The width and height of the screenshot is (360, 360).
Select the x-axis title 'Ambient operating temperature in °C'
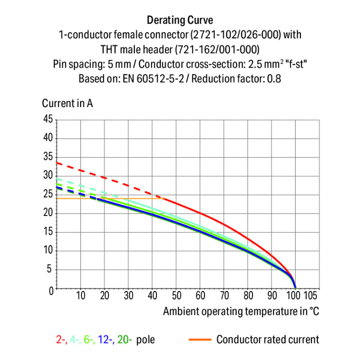click(x=241, y=311)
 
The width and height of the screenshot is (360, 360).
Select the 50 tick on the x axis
click(x=176, y=295)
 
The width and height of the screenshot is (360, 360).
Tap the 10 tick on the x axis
click(x=81, y=295)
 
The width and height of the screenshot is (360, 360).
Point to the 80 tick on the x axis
click(x=248, y=295)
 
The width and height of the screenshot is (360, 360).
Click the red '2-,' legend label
click(x=61, y=340)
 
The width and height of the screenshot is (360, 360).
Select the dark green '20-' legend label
click(x=124, y=340)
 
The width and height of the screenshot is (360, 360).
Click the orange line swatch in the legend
click(x=199, y=339)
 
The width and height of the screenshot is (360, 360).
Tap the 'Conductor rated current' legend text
click(x=267, y=340)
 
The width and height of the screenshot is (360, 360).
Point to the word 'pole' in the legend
click(x=145, y=340)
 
